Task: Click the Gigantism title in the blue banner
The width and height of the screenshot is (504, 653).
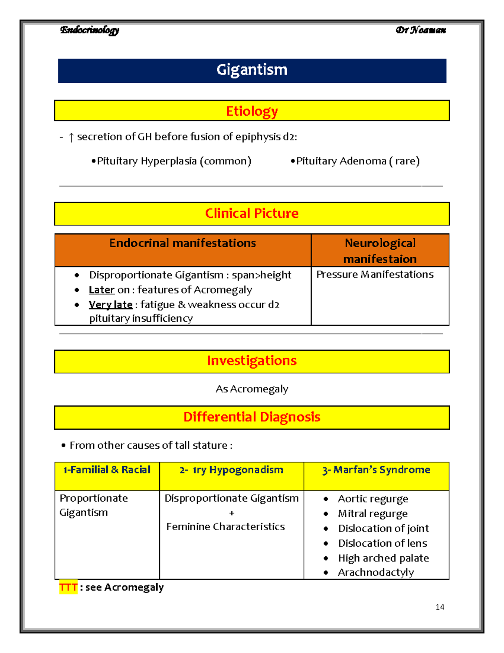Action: pos(252,70)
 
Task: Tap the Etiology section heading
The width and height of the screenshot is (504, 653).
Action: pos(252,111)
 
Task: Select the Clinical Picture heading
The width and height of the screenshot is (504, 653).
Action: pos(252,214)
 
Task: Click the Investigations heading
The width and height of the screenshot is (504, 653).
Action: pos(252,361)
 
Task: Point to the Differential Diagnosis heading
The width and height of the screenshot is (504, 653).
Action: pos(252,417)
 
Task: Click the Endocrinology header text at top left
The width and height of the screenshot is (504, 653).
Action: pos(89,30)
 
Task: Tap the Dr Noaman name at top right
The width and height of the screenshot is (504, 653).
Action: pos(420,30)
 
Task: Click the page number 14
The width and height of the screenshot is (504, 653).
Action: pos(440,607)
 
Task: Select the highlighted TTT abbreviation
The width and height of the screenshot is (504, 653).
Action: pos(68,587)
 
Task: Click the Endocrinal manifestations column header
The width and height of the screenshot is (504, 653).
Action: pos(182,243)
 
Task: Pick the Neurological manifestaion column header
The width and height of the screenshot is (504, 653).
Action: pos(380,251)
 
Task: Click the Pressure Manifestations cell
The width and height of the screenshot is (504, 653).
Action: pos(375,275)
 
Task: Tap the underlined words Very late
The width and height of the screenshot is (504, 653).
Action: pos(110,305)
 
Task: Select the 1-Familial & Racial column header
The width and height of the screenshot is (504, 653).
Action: pos(107,470)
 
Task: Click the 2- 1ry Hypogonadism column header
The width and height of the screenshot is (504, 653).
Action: pos(231,470)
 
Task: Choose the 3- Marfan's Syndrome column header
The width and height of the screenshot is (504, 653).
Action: pos(376,470)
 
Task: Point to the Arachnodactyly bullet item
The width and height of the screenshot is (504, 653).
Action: pos(375,573)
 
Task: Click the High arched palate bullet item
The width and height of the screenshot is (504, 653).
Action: pos(383,558)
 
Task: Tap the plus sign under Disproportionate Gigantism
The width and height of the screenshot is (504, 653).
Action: pos(231,513)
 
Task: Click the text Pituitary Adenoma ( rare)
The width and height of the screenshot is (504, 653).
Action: pos(357,161)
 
